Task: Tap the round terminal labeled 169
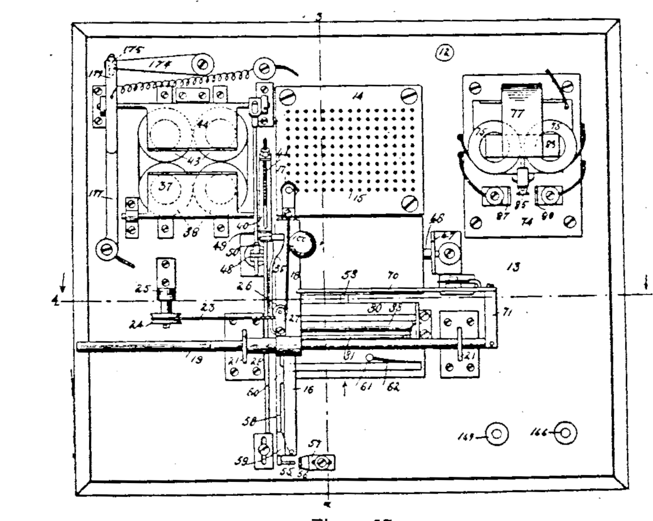pyautogui.click(x=498, y=434)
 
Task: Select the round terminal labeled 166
pyautogui.click(x=566, y=433)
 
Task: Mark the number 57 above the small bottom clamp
pyautogui.click(x=314, y=444)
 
